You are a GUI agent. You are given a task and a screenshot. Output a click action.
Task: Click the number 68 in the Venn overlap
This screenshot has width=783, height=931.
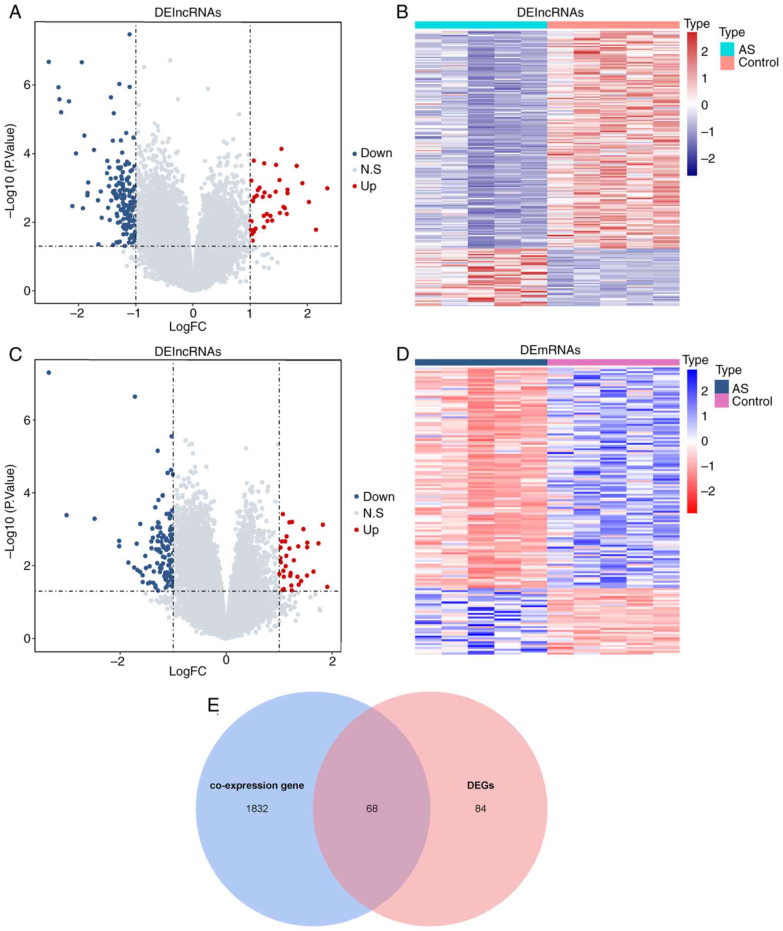pyautogui.click(x=371, y=808)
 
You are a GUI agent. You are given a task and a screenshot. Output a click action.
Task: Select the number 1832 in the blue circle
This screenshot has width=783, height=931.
pyautogui.click(x=257, y=808)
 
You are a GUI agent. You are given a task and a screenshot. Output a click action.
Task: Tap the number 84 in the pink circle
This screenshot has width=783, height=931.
pyautogui.click(x=480, y=808)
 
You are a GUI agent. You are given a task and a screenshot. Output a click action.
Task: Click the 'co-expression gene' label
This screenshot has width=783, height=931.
pyautogui.click(x=257, y=785)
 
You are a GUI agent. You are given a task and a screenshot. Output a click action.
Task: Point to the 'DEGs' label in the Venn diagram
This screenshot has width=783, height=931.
pyautogui.click(x=480, y=785)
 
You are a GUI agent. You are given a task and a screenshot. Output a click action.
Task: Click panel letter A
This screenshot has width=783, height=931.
pyautogui.click(x=15, y=12)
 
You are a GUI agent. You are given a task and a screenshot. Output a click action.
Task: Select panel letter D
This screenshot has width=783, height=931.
pyautogui.click(x=402, y=354)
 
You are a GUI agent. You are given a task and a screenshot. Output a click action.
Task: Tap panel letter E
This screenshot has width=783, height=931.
pyautogui.click(x=213, y=705)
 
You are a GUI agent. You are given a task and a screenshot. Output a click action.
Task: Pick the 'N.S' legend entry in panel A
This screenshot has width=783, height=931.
pyautogui.click(x=370, y=170)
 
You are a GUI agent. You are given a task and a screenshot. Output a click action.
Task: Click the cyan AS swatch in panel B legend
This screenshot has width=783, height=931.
pyautogui.click(x=727, y=49)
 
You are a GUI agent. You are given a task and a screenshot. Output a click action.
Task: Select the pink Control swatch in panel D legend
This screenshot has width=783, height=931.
pyautogui.click(x=722, y=401)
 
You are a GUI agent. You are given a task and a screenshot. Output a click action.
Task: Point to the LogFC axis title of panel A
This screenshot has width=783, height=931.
pyautogui.click(x=188, y=327)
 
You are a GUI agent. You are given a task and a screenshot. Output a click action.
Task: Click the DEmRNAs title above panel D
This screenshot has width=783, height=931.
pyautogui.click(x=550, y=350)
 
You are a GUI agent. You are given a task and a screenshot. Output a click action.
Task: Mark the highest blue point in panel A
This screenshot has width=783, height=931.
pyautogui.click(x=129, y=34)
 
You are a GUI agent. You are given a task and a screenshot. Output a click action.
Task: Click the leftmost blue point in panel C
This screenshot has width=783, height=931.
pyautogui.click(x=49, y=373)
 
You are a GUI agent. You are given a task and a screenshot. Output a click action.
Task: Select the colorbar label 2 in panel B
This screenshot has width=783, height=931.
pyautogui.click(x=704, y=52)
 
